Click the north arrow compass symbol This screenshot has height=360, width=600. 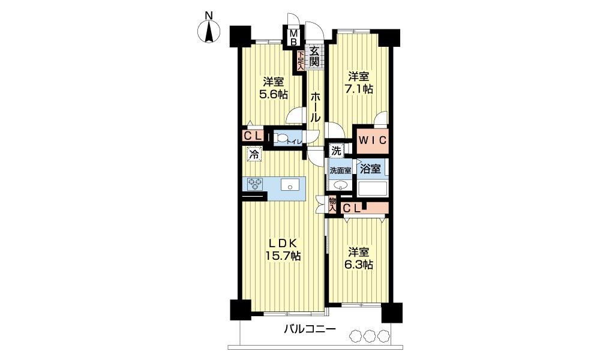209,31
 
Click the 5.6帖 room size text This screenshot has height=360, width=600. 274,94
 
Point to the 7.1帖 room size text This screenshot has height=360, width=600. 359,89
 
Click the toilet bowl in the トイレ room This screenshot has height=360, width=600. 281,138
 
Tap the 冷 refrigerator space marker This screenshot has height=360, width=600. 254,155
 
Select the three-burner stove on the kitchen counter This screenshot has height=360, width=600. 256,184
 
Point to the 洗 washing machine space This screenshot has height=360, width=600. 336,151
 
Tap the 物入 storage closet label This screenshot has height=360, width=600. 332,204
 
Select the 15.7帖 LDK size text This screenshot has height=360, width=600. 283,255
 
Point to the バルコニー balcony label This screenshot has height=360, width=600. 310,329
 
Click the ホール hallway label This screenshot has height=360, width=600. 316,106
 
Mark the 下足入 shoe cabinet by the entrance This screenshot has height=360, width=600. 301,61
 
